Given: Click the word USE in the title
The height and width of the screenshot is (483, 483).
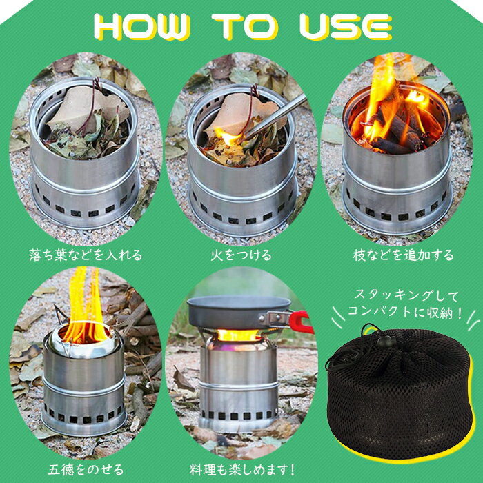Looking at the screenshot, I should pyautogui.click(x=345, y=26).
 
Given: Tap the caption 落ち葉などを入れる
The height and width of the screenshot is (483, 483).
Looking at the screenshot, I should pyautogui.click(x=86, y=255).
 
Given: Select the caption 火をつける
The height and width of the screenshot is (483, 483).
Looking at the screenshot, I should pyautogui.click(x=241, y=255).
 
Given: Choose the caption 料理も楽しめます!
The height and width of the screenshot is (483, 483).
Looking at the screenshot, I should pyautogui.click(x=242, y=469).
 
